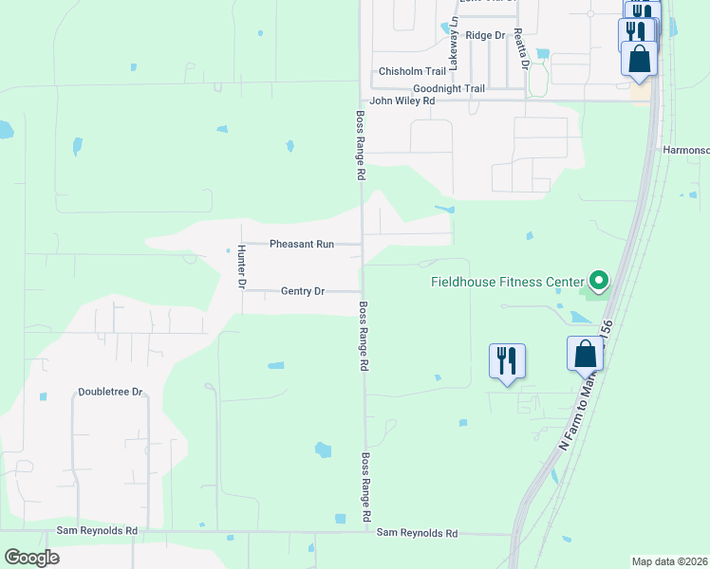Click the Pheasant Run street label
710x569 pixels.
pyautogui.click(x=302, y=244)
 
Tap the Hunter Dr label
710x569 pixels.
pyautogui.click(x=242, y=266)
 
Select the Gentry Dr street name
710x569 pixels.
pyautogui.click(x=303, y=291)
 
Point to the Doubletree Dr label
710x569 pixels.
pyautogui.click(x=110, y=391)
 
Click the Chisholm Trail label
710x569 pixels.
pyautogui.click(x=412, y=71)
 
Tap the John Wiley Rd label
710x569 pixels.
pyautogui.click(x=402, y=101)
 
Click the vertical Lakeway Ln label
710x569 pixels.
pyautogui.click(x=454, y=44)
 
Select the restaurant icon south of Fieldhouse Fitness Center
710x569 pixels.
pyautogui.click(x=506, y=360)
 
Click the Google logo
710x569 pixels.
pyautogui.click(x=31, y=558)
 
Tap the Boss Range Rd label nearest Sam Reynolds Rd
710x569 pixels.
pyautogui.click(x=365, y=487)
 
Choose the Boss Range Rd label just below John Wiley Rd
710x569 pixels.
pyautogui.click(x=361, y=146)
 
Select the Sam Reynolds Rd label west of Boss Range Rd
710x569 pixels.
pyautogui.click(x=97, y=531)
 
